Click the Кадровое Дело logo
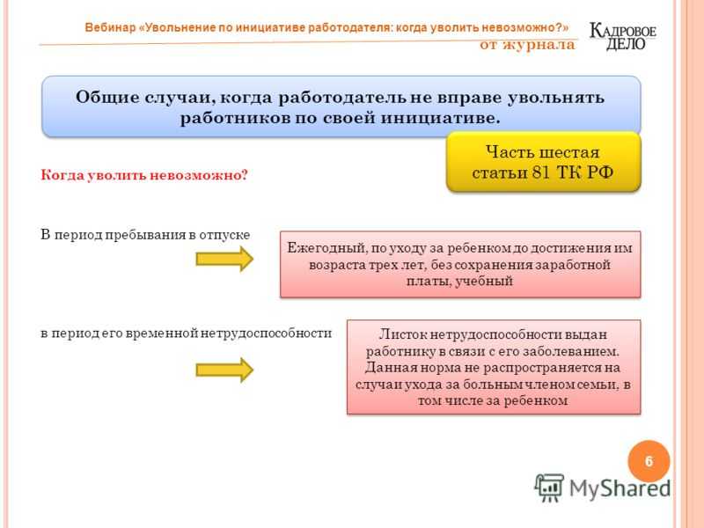coord(622,36)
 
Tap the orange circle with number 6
coord(649,461)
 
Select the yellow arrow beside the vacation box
coord(224,259)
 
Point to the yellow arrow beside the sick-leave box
coord(224,370)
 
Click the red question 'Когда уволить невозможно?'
coord(144,174)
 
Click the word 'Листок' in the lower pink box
coord(403,334)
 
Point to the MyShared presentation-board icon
coord(549,488)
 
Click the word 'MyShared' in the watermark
coord(620,488)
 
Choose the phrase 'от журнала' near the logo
coord(527,45)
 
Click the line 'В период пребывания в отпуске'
coord(145,235)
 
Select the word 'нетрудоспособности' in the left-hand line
coord(266,334)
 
